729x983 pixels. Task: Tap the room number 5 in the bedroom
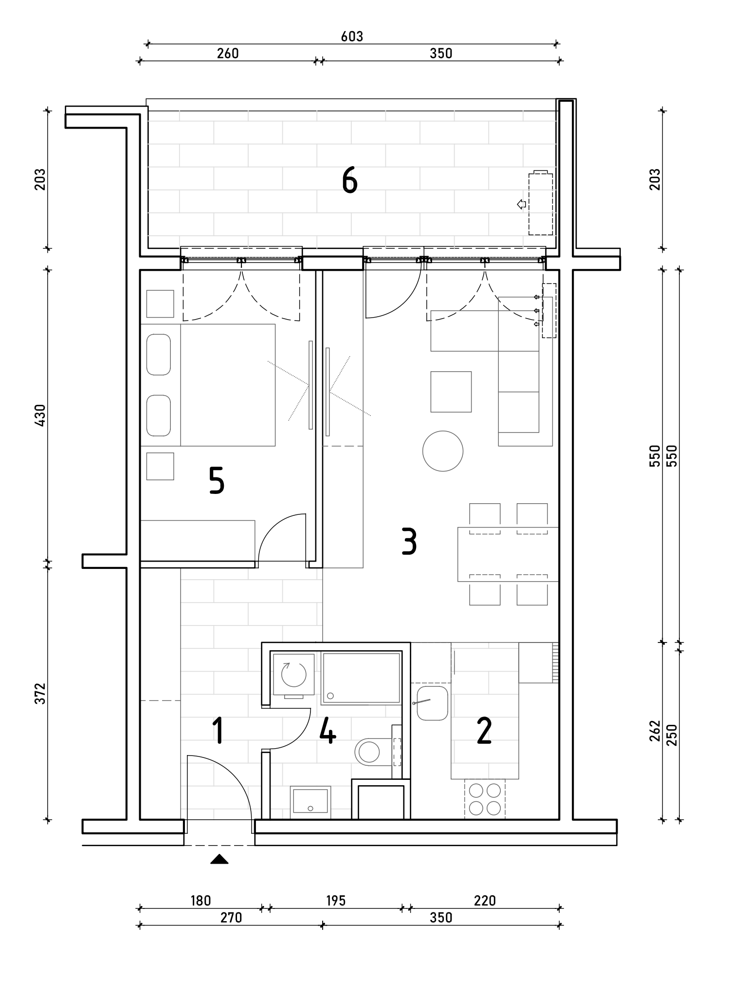click(217, 480)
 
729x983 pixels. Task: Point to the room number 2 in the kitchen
click(484, 731)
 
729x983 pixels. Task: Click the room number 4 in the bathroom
click(328, 731)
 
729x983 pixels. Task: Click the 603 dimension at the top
click(352, 37)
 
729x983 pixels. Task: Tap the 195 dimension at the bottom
click(335, 901)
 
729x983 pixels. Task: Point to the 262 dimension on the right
click(655, 731)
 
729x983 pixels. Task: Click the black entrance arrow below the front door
click(219, 859)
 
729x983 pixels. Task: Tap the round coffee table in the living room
click(443, 451)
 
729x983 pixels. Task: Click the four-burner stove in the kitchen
click(485, 799)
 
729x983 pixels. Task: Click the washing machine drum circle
click(293, 674)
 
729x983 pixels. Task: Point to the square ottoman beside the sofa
click(451, 392)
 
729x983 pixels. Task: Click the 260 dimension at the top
click(228, 53)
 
